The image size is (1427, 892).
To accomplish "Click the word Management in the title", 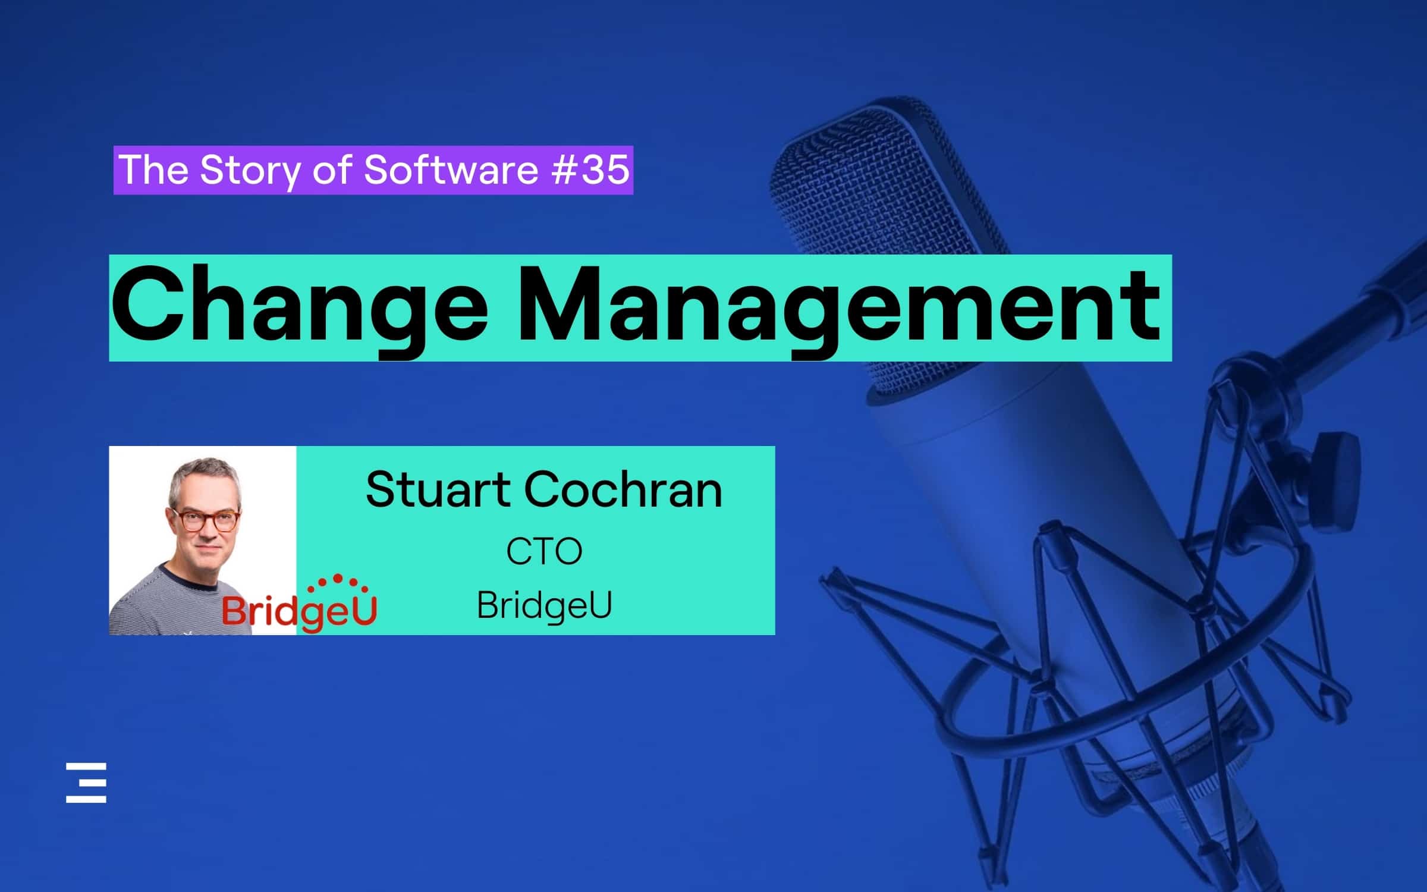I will [x=838, y=306].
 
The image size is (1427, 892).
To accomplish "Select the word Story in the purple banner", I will [x=250, y=171].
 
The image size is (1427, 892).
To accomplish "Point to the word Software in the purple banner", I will [x=451, y=169].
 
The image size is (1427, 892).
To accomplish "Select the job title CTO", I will [x=543, y=551].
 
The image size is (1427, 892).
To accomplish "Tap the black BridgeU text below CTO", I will [x=543, y=605].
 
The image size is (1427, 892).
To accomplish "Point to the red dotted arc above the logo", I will [x=337, y=580].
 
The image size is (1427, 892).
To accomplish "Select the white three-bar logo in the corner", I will [x=86, y=783].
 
